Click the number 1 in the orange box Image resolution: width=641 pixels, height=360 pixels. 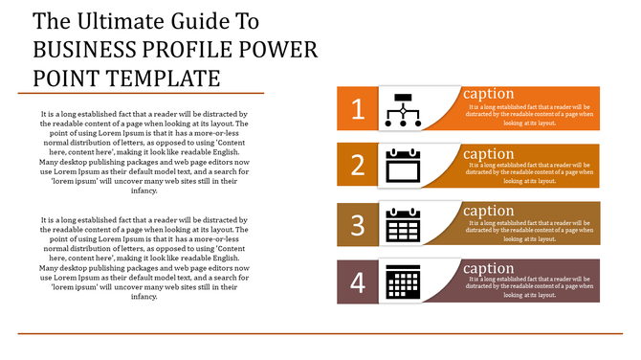point(358,109)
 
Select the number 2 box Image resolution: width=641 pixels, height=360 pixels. point(358,166)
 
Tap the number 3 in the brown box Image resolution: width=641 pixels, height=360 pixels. point(358,225)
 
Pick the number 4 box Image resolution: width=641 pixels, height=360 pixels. point(358,282)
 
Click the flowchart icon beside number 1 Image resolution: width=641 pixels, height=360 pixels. point(403,109)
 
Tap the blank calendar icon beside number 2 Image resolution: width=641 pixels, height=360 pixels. point(403,166)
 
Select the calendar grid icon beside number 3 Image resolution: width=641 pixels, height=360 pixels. point(403,225)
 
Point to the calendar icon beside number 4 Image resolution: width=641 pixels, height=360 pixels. point(402,283)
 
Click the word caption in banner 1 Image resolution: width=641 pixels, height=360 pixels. point(488,94)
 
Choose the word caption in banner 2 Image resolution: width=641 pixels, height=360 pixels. point(488,153)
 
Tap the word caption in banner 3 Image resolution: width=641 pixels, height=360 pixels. point(488,212)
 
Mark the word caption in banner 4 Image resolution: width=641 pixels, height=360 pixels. point(488,269)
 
